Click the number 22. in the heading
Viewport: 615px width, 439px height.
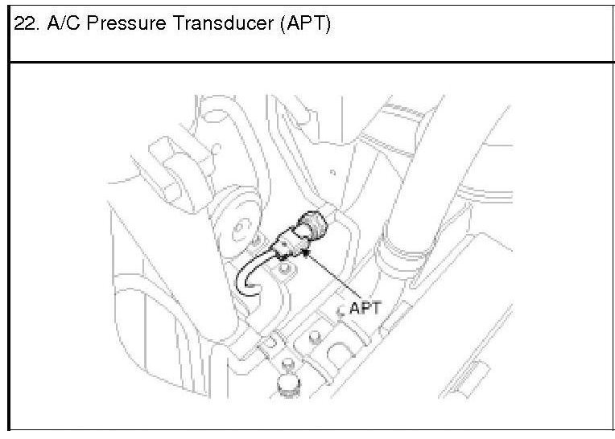pyautogui.click(x=26, y=25)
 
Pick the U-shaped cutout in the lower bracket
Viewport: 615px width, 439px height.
pyautogui.click(x=342, y=354)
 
